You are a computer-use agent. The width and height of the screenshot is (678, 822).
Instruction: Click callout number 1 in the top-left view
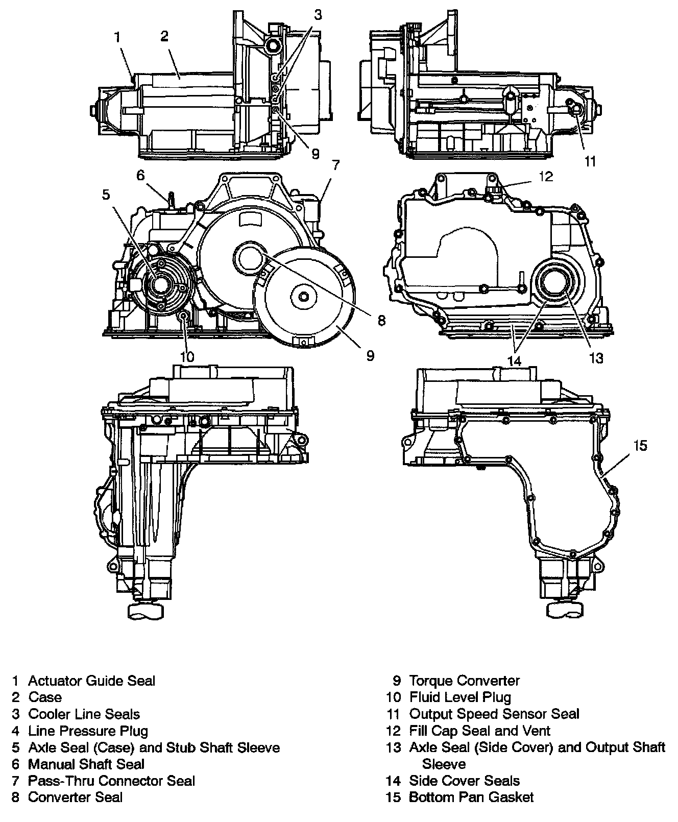point(118,37)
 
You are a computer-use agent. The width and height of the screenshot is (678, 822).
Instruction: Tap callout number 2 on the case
point(164,36)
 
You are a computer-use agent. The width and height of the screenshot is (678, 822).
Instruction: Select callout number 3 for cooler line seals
point(318,15)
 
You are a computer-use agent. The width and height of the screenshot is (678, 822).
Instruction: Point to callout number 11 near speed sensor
point(590,161)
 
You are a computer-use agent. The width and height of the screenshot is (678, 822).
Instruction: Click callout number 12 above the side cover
point(546,177)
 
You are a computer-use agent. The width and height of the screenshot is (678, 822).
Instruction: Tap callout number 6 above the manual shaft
point(140,175)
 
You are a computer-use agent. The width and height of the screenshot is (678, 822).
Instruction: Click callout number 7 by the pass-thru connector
point(335,165)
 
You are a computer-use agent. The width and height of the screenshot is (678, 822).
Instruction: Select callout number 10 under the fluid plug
point(187,356)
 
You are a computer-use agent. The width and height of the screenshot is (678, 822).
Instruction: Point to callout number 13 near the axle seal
point(596,358)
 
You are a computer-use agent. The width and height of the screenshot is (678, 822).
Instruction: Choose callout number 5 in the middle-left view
point(106,195)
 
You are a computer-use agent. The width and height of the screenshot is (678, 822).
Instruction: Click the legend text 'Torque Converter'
point(464,681)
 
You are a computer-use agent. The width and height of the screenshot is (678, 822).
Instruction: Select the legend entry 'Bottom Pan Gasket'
point(471,797)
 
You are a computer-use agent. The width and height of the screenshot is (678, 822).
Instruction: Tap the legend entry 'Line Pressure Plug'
point(88,731)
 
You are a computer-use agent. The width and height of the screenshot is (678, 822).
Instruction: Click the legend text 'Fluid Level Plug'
point(460,697)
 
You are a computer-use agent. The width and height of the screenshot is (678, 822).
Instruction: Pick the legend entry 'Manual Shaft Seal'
point(86,764)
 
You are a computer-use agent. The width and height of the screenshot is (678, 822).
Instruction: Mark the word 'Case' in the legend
point(45,697)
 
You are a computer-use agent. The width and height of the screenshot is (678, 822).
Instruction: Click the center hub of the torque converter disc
point(304,298)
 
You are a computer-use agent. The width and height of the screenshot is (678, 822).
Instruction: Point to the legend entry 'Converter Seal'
point(75,797)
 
